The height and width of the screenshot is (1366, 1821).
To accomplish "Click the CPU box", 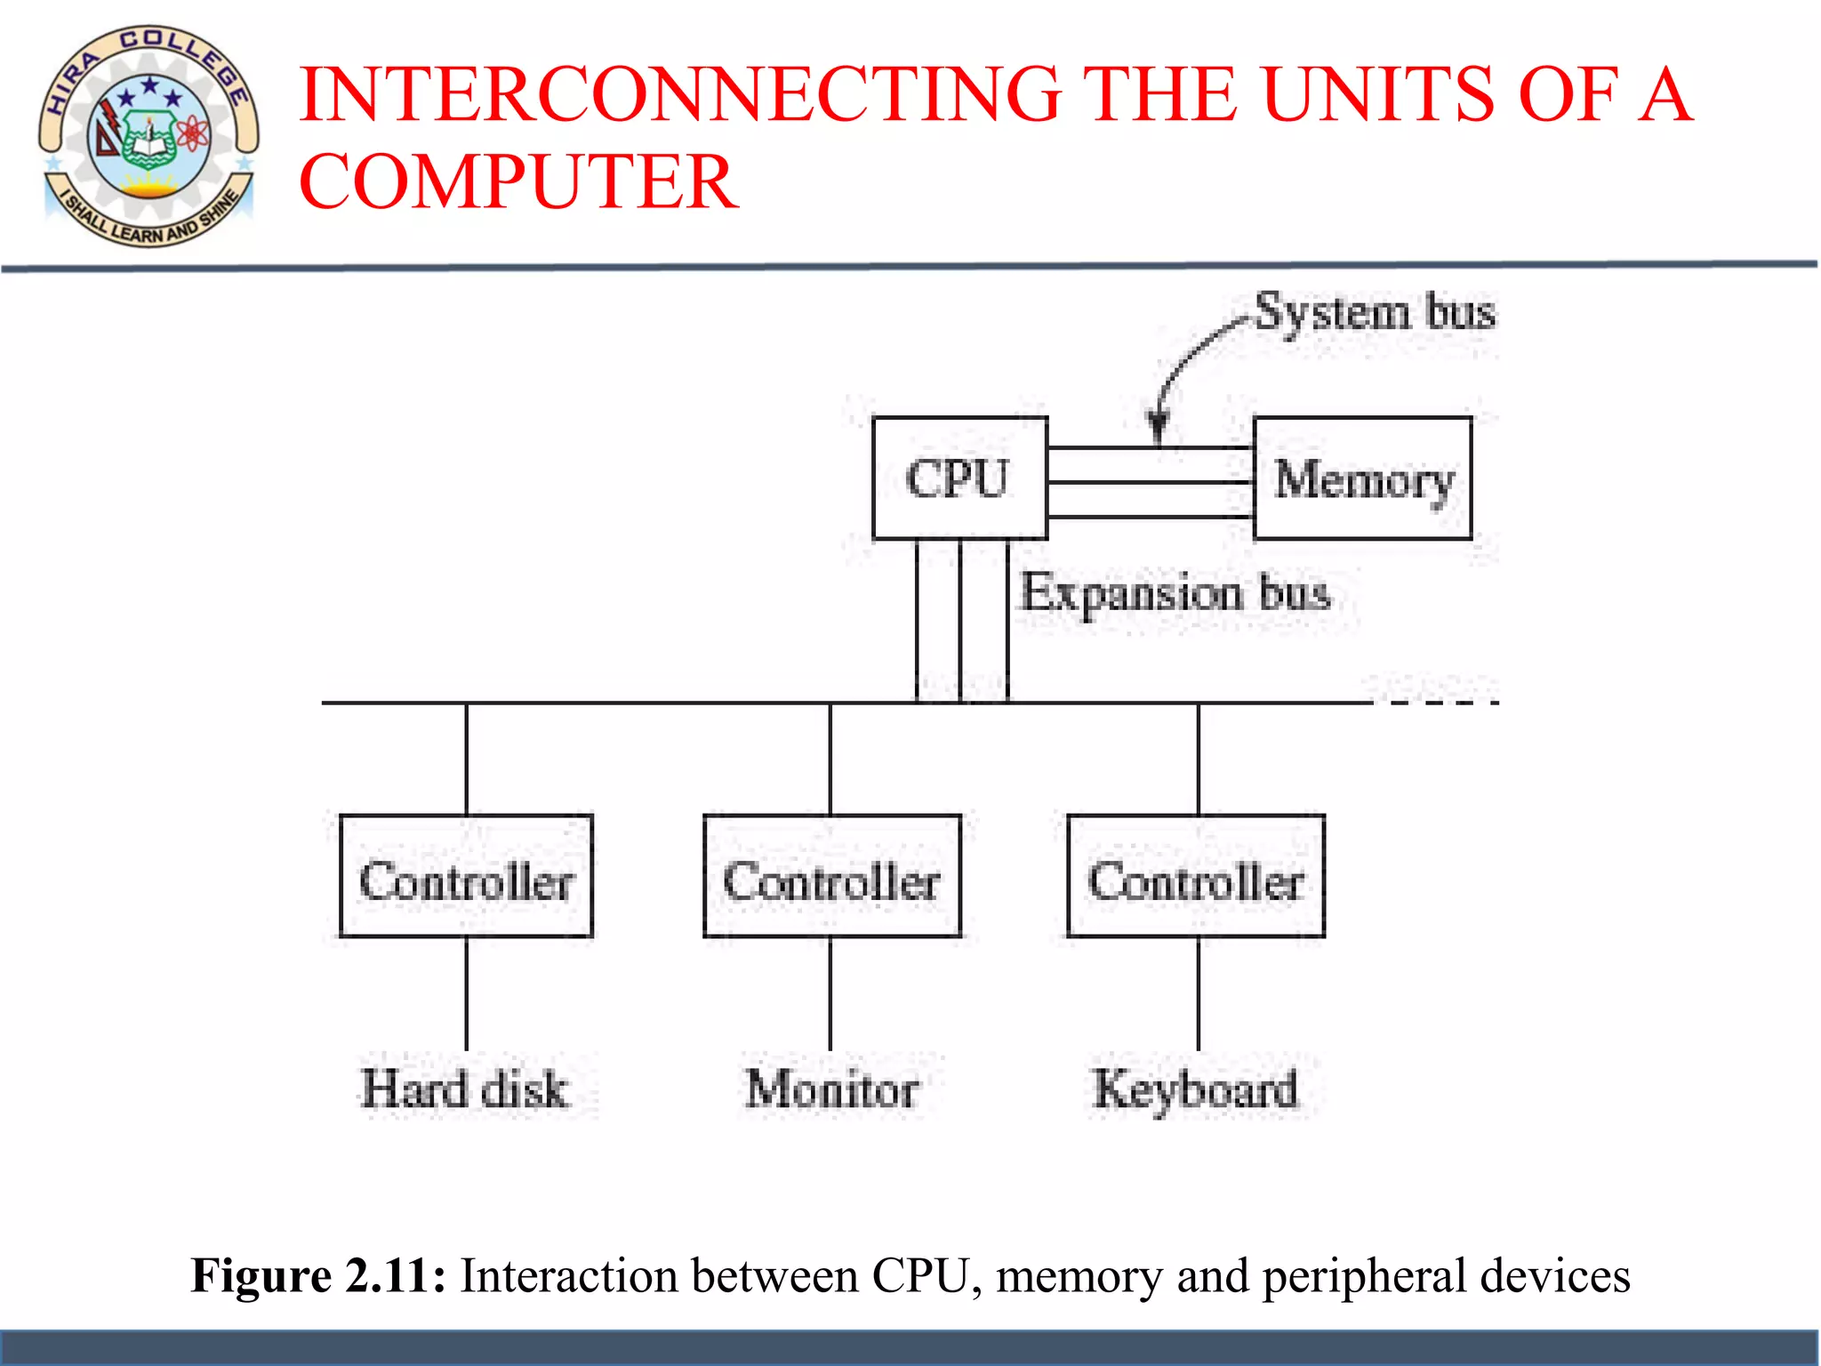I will point(959,478).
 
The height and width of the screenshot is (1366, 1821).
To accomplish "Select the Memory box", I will point(1362,478).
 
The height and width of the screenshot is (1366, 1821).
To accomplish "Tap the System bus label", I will point(1375,313).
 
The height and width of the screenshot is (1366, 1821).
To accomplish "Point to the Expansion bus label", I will point(1175,593).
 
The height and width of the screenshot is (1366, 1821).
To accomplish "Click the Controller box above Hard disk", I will point(466,877).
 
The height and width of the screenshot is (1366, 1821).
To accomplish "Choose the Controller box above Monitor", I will point(831,877).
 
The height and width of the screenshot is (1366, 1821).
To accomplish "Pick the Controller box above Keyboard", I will point(1196,877).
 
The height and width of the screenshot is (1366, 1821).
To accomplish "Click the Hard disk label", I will point(464,1089).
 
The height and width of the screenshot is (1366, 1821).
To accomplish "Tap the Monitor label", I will point(832,1089).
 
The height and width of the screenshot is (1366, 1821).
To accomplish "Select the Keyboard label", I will point(1196,1089).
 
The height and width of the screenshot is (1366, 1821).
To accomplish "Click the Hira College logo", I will point(148,136).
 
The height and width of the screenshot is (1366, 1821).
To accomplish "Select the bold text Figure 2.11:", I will point(318,1276).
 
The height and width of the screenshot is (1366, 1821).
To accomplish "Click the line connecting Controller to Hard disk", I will point(466,993).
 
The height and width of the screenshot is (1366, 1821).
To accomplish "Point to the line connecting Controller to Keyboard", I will point(1198,993).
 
